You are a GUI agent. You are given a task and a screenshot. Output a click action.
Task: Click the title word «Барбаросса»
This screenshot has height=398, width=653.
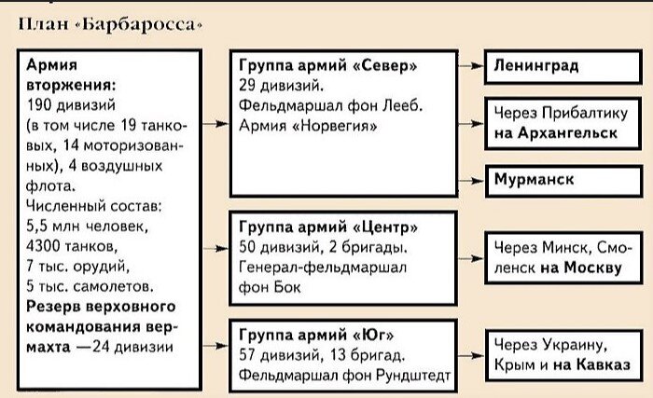138,24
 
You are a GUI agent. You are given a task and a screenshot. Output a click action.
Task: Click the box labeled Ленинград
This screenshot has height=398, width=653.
563,66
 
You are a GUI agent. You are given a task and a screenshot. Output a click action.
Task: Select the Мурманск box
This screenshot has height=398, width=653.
563,181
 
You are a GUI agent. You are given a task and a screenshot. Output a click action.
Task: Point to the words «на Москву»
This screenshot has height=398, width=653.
581,268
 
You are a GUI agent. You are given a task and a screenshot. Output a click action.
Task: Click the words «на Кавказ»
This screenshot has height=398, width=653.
591,364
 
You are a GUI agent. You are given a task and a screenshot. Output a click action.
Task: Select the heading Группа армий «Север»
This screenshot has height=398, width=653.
327,66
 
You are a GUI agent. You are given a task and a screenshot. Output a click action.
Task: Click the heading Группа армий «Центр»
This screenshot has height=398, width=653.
328,227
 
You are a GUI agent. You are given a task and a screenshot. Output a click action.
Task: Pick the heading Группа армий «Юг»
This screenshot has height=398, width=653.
316,335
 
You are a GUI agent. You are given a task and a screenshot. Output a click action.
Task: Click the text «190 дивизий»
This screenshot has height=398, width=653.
71,105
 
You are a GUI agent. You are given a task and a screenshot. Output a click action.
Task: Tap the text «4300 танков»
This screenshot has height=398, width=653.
72,246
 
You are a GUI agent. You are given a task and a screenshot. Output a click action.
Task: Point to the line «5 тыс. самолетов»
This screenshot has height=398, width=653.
90,286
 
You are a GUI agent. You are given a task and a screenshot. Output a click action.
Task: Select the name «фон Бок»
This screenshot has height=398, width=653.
270,287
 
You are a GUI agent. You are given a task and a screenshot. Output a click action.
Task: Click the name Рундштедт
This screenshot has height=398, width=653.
413,376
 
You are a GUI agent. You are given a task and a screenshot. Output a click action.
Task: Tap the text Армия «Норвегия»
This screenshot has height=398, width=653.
308,125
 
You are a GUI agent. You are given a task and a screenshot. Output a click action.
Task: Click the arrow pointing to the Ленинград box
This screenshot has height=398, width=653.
471,66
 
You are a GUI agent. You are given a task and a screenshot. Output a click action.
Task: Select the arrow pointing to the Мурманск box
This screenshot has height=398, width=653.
471,181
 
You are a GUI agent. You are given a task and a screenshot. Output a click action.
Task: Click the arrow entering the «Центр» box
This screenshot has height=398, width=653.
215,249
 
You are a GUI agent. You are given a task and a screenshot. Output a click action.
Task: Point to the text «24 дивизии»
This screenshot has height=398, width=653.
132,347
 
